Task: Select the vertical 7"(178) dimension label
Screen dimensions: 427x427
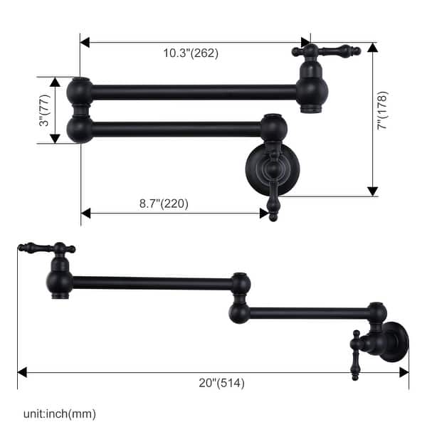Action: pyautogui.click(x=384, y=110)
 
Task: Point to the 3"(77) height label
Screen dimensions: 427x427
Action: pyautogui.click(x=46, y=111)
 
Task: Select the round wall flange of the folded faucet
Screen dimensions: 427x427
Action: pyautogui.click(x=272, y=170)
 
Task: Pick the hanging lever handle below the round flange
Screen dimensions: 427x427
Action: pyautogui.click(x=272, y=203)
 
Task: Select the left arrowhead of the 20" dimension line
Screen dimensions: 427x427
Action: pyautogui.click(x=23, y=371)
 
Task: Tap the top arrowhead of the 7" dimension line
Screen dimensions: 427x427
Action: pyautogui.click(x=372, y=48)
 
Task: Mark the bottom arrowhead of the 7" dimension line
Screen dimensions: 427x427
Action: pyautogui.click(x=372, y=191)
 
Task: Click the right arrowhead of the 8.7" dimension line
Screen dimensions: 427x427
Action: pyautogui.click(x=264, y=213)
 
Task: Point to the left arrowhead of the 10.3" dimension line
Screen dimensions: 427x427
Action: pyautogui.click(x=85, y=42)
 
